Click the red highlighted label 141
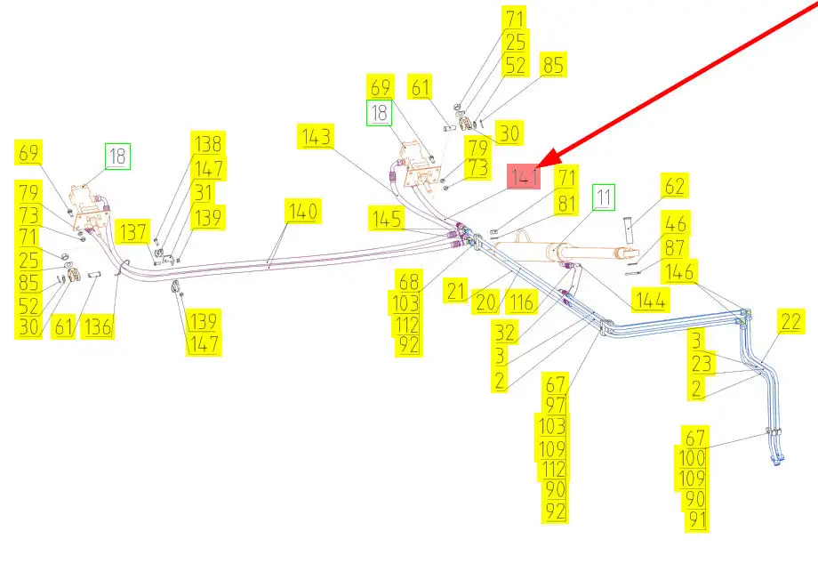(x=523, y=176)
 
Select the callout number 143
(x=317, y=137)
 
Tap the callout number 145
(x=388, y=217)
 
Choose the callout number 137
(x=136, y=231)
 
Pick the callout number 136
(x=98, y=326)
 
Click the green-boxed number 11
(x=604, y=197)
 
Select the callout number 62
(x=675, y=186)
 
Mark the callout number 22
(x=790, y=322)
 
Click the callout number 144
(x=650, y=301)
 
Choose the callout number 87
(x=675, y=248)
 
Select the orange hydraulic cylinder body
(x=533, y=249)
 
